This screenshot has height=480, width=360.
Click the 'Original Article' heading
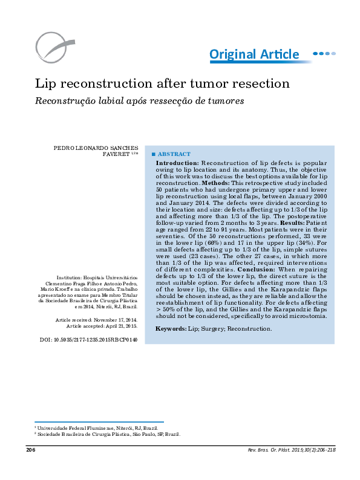point(254,54)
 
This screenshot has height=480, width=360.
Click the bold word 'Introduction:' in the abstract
point(177,163)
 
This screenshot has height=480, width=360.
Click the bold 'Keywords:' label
point(170,329)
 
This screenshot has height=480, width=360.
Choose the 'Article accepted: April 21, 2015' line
point(102,326)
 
